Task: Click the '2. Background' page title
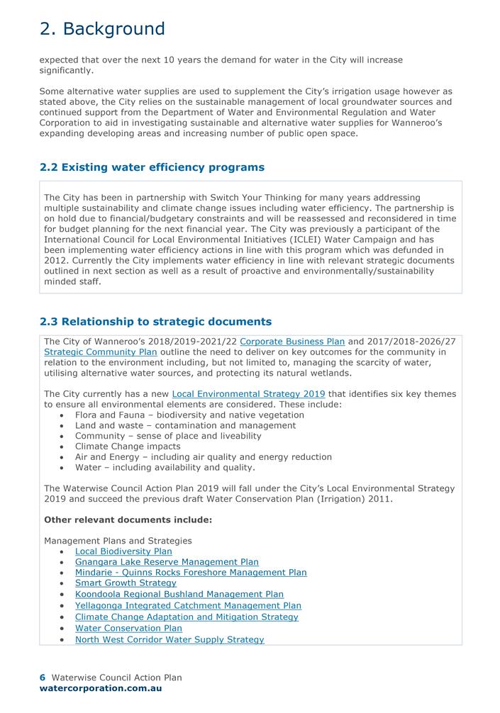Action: [x=102, y=29]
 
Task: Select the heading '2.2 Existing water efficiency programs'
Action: [x=152, y=167]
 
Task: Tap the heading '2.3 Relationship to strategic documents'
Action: [x=155, y=322]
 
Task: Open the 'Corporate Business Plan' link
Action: [x=292, y=342]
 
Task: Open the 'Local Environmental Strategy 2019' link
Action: [x=248, y=394]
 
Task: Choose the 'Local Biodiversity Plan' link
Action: [x=123, y=551]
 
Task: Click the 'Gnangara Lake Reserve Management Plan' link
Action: [x=167, y=562]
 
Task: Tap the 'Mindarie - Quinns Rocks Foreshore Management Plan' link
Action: [x=191, y=573]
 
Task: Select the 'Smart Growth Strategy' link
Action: [x=126, y=583]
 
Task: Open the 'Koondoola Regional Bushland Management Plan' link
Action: [x=179, y=595]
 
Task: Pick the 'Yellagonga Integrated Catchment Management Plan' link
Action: [x=188, y=606]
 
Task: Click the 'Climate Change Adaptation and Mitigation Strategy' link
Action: [x=187, y=617]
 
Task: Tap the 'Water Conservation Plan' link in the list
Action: [x=128, y=628]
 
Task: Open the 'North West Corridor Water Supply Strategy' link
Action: [x=170, y=639]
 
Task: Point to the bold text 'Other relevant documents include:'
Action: [x=128, y=520]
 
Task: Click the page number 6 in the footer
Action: [x=43, y=678]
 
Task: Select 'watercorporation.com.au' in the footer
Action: [x=101, y=688]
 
